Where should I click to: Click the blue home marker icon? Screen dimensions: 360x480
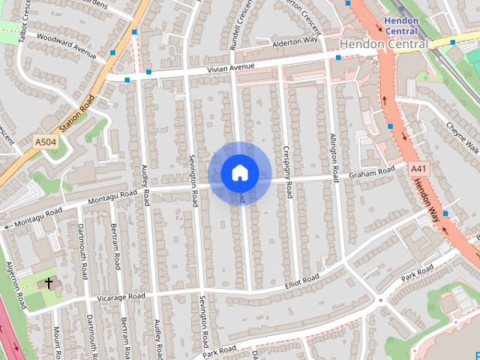(239, 172)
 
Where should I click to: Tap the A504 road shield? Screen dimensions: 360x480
(45, 141)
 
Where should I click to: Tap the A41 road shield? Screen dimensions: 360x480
(418, 169)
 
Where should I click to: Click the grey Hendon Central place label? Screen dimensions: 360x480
(383, 45)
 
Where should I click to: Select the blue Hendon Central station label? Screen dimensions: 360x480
(401, 25)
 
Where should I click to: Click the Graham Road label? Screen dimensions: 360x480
(371, 173)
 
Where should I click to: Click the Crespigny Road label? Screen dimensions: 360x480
(287, 172)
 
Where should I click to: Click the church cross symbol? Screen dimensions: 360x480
(49, 283)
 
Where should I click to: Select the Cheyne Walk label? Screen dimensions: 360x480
(461, 136)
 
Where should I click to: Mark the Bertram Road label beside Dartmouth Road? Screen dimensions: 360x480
(116, 247)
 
